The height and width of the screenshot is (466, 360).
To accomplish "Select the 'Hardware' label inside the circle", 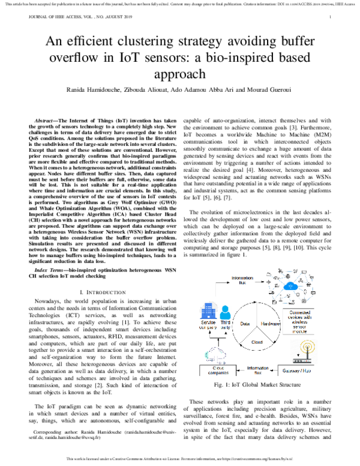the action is (273, 322).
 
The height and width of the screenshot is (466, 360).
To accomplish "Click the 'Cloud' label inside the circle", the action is (257, 342).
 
